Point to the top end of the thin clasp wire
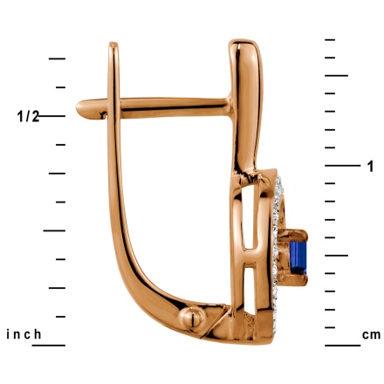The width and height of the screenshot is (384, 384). pyautogui.click(x=113, y=45)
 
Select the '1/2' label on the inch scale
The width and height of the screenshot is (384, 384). pyautogui.click(x=28, y=117)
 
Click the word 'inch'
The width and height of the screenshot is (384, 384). pyautogui.click(x=24, y=334)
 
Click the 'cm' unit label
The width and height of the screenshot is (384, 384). pyautogui.click(x=371, y=335)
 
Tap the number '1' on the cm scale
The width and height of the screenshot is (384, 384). pyautogui.click(x=370, y=167)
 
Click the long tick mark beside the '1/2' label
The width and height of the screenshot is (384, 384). pyautogui.click(x=51, y=116)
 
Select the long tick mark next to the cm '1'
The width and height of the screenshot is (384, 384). pyautogui.click(x=342, y=166)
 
